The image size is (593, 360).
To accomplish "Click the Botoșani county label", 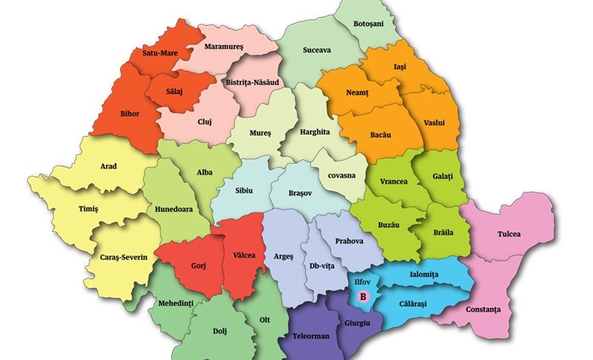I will click(368, 24).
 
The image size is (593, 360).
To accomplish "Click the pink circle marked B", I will click(363, 296).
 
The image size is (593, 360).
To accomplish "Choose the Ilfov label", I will click(363, 281).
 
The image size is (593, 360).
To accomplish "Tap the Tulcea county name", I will click(509, 234).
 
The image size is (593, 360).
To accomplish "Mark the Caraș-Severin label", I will click(124, 257).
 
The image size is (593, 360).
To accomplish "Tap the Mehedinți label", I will click(176, 304).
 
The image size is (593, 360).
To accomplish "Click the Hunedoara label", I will click(174, 209).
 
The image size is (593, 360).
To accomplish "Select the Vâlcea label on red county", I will click(244, 255).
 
